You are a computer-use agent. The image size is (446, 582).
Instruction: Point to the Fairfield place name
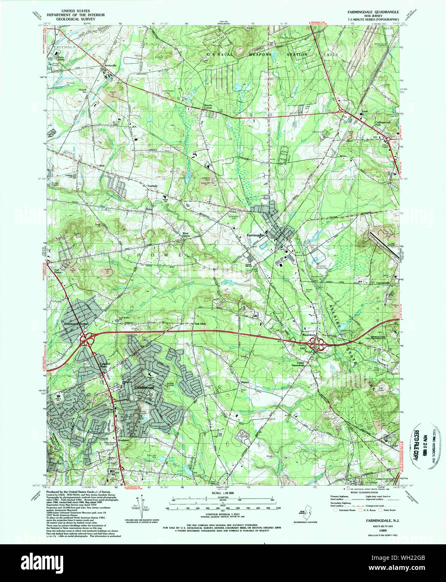tap(152, 185)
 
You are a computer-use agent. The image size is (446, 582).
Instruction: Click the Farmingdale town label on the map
tap(256, 235)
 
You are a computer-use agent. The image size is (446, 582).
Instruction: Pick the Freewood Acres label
tap(76, 324)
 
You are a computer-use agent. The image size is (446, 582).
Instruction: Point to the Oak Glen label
tap(200, 324)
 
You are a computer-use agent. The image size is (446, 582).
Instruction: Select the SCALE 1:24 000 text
tap(221, 493)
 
